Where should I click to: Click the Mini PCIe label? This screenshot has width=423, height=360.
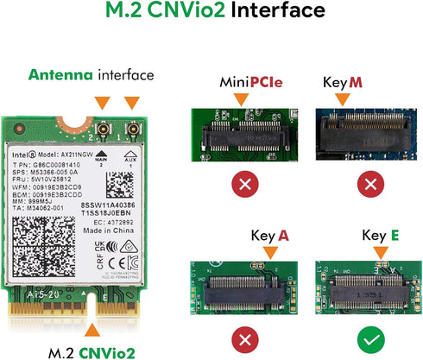click(244, 82)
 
